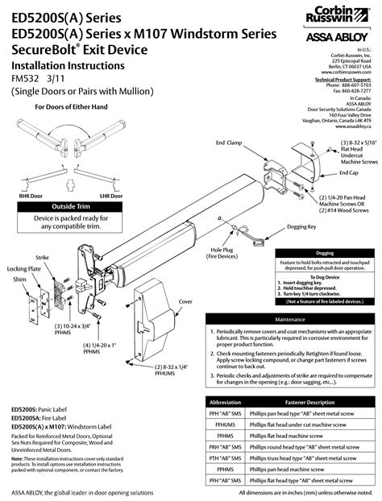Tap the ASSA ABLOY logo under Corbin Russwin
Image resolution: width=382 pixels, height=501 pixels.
(341, 37)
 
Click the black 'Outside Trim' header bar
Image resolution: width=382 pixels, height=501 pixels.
(71, 207)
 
